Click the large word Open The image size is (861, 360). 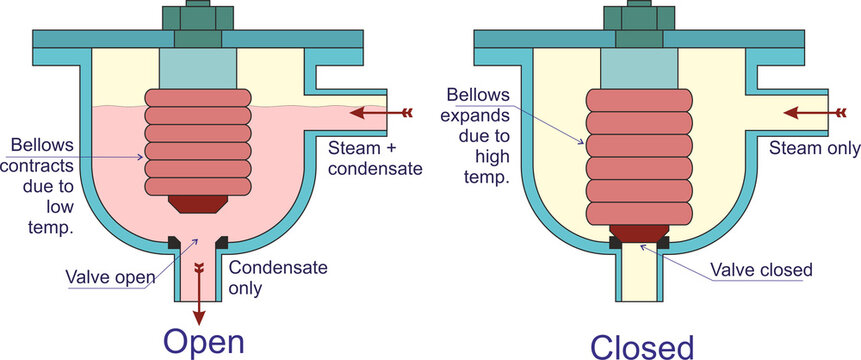coord(204,342)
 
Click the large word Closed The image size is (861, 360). coord(641,345)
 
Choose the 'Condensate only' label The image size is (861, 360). coord(264,278)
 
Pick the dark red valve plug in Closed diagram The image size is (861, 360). coord(638,233)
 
